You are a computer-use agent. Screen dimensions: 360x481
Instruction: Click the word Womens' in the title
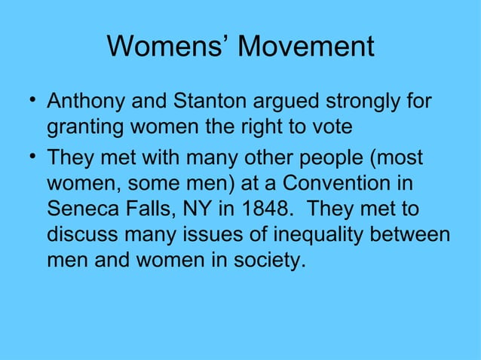click(x=168, y=47)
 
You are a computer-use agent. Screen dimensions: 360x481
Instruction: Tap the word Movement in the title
click(x=305, y=47)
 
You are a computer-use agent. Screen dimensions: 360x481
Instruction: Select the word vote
click(x=329, y=127)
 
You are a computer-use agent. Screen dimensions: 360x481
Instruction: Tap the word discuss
click(x=82, y=236)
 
